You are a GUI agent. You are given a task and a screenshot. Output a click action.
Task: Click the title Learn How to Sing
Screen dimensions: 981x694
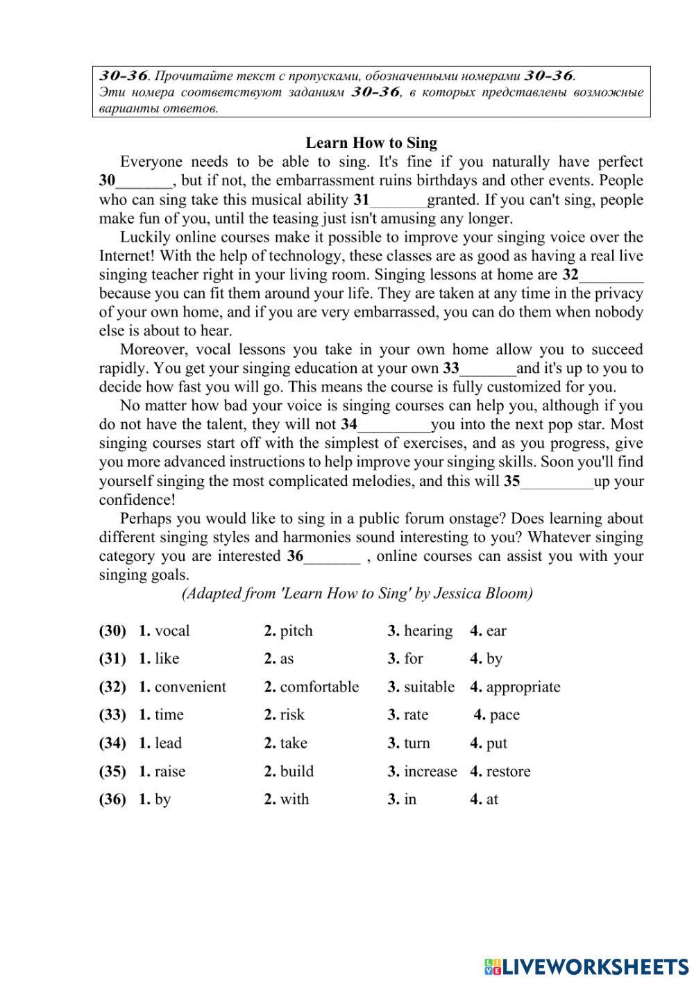pos(371,143)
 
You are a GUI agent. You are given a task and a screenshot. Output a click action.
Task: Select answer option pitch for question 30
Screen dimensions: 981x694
pos(296,631)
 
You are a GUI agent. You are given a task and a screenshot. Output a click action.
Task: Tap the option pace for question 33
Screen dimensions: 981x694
pos(504,715)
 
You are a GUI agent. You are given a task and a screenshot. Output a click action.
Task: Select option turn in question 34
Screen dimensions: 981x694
pos(416,744)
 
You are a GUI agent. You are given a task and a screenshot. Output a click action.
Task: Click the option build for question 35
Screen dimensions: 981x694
pos(296,771)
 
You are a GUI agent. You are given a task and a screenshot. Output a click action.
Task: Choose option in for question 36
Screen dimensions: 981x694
pos(409,800)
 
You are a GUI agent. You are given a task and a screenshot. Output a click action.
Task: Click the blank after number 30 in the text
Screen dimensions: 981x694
pos(144,182)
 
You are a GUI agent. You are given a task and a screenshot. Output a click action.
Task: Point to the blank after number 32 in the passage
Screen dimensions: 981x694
pos(611,276)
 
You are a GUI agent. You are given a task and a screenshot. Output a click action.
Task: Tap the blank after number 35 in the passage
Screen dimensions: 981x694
pos(557,482)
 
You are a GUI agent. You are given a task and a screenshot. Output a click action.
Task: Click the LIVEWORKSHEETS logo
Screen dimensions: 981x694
pos(586,966)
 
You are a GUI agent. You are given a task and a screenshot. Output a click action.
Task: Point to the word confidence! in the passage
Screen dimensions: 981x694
pos(137,501)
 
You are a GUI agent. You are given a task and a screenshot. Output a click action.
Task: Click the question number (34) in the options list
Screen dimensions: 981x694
pos(112,744)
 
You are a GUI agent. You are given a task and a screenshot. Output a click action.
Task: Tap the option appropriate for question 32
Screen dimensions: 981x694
pos(523,687)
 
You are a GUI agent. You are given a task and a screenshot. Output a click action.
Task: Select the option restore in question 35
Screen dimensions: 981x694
pos(508,771)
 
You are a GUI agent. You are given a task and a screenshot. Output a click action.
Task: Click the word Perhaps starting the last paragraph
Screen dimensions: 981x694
pos(146,519)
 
